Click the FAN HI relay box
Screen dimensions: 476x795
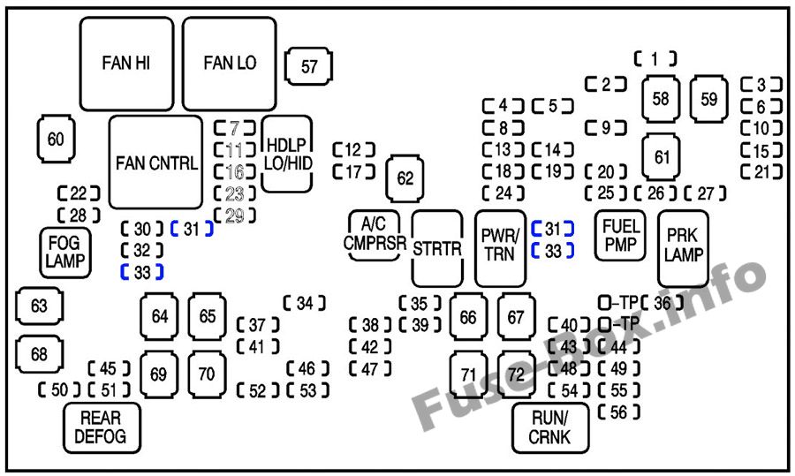tap(126, 62)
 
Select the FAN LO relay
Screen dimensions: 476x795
tap(230, 62)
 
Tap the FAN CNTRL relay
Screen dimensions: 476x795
tap(156, 163)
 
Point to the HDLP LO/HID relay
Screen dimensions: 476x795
tap(287, 155)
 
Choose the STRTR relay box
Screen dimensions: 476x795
tap(437, 248)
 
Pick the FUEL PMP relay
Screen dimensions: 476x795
tap(620, 236)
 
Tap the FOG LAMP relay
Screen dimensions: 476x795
tap(65, 252)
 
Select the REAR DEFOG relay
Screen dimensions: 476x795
tap(101, 427)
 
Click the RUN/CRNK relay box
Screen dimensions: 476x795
tap(550, 427)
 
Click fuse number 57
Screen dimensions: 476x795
tap(309, 66)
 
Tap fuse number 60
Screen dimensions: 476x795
tap(57, 140)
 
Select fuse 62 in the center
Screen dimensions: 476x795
tap(405, 178)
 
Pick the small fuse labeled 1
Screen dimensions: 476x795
tap(655, 59)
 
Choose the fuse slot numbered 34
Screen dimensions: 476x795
tap(305, 303)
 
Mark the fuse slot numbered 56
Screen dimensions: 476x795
tap(618, 412)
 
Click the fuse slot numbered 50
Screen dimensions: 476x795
tap(59, 390)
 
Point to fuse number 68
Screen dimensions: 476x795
tap(39, 354)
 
